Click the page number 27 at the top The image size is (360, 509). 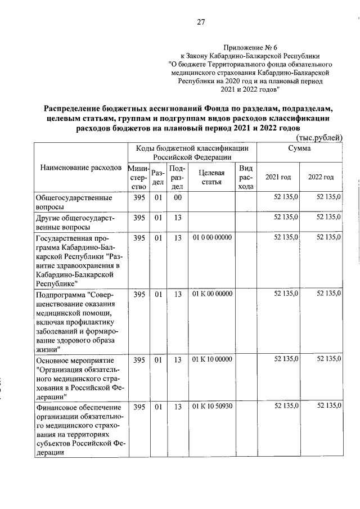tap(201, 22)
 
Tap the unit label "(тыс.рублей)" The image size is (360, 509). tap(318, 137)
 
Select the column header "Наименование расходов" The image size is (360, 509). tap(80, 168)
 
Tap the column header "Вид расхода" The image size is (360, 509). tap(245, 177)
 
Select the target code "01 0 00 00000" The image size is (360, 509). tap(212, 238)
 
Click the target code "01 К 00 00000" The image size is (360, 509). tap(212, 294)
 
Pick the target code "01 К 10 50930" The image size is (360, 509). tap(212, 407)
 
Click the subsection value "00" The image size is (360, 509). tap(177, 197)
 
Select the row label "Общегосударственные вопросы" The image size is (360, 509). tap(67, 202)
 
